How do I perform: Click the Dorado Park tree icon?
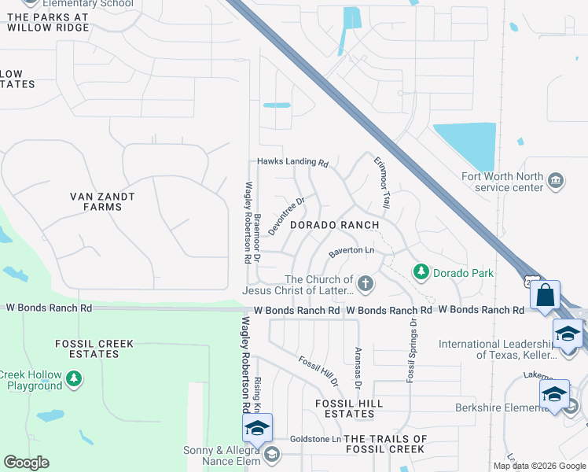click(x=422, y=271)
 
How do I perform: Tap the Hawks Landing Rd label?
click(x=292, y=163)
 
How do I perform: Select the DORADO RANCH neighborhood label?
click(x=336, y=225)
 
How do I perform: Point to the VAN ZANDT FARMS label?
click(x=102, y=201)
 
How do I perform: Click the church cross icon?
click(x=364, y=282)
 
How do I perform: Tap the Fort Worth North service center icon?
click(x=556, y=181)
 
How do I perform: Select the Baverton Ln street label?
click(x=351, y=252)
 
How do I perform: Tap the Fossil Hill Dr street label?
click(x=318, y=371)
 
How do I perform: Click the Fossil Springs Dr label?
click(x=410, y=351)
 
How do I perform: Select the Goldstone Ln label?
click(x=315, y=439)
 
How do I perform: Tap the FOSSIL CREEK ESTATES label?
click(x=94, y=349)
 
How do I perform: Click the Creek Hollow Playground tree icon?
click(x=73, y=380)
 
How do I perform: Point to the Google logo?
click(x=26, y=463)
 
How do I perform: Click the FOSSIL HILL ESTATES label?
click(x=349, y=408)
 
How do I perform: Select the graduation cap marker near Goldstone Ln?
click(x=257, y=428)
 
